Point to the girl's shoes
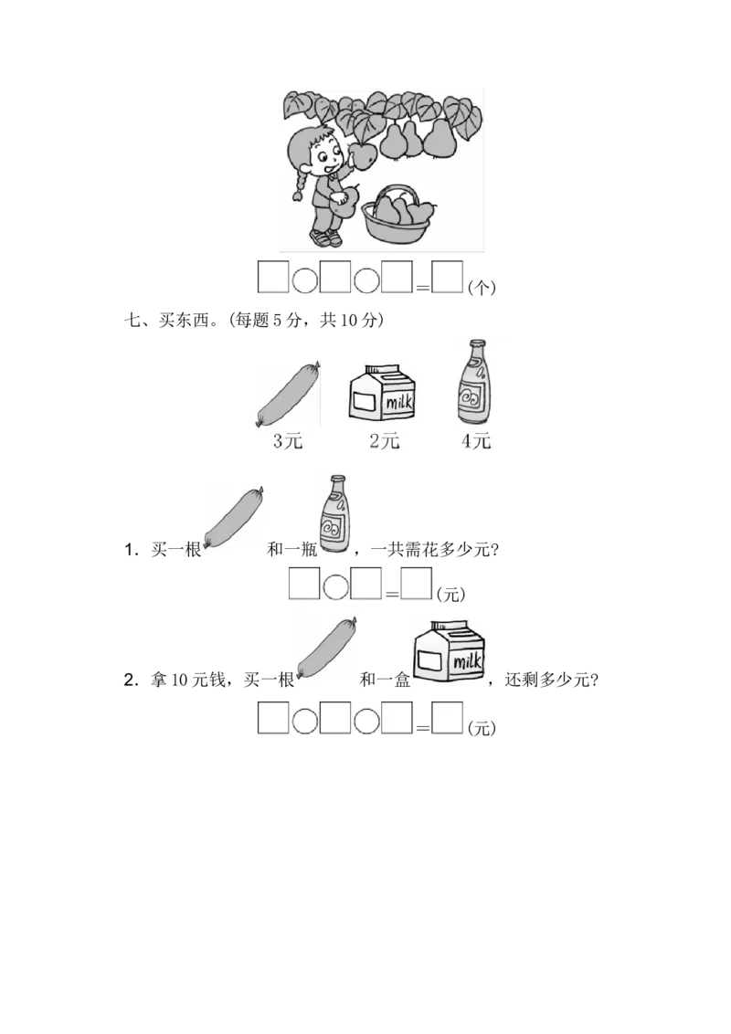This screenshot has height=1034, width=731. pyautogui.click(x=326, y=237)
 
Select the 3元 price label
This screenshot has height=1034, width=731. pyautogui.click(x=287, y=441)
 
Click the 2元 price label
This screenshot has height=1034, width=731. pyautogui.click(x=384, y=441)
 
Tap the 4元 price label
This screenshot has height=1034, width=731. pyautogui.click(x=476, y=441)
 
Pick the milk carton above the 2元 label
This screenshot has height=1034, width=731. pyautogui.click(x=383, y=394)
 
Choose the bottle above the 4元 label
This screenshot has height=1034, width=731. pyautogui.click(x=474, y=383)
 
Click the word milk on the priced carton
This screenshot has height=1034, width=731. pyautogui.click(x=398, y=402)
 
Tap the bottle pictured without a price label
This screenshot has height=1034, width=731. pyautogui.click(x=334, y=513)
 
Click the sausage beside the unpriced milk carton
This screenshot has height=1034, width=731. pyautogui.click(x=326, y=649)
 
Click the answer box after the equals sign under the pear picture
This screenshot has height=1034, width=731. pyautogui.click(x=448, y=278)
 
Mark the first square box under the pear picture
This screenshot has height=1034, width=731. pyautogui.click(x=272, y=278)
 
